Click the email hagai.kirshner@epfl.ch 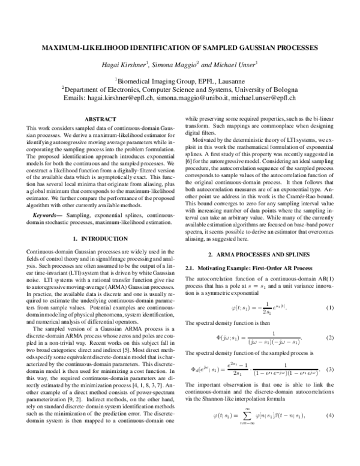122,98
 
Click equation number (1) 329,308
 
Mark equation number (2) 329,337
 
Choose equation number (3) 329,368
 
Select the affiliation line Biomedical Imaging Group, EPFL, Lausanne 179,79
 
